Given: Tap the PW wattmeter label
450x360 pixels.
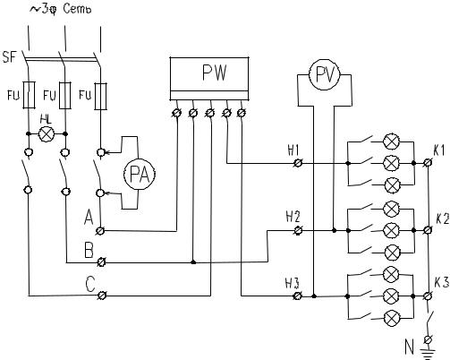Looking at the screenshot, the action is coord(215,73).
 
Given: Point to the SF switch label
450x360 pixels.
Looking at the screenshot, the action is coord(9,56).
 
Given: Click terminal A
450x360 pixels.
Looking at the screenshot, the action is coord(100,230).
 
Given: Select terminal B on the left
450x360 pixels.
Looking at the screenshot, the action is coord(101,262).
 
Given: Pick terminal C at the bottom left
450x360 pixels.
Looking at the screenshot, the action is coord(101,296).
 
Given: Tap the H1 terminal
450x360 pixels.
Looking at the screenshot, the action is coord(297,163).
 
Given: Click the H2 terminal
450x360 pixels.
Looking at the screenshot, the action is coord(297,230).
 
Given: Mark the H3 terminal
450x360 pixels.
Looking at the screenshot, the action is coord(297,296).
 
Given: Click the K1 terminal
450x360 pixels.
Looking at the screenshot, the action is coord(428,163).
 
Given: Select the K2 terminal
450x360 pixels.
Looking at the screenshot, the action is coord(428,230).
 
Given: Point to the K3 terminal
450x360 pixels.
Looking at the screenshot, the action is coord(428,296).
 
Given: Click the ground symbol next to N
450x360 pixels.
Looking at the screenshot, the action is coord(429,354).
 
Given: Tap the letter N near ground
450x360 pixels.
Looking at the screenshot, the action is coord(409,347).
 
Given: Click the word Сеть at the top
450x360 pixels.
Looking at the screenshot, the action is coord(77,9).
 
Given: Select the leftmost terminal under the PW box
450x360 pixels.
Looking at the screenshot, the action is coord(177,113).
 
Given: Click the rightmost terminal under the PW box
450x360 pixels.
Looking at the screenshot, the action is coord(242,113).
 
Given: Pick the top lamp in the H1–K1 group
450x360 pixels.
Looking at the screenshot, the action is coord(391,141).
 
